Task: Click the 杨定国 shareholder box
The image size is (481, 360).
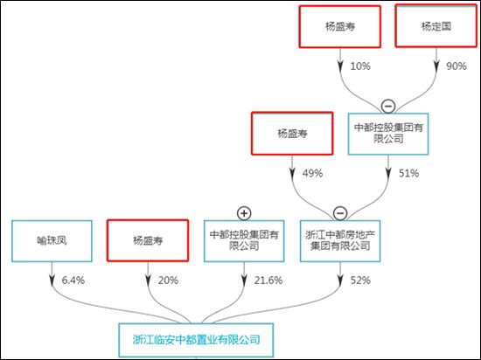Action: pos(436,26)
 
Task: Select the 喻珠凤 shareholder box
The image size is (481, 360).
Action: pos(52,241)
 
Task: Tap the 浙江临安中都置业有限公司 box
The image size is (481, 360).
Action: pos(196,340)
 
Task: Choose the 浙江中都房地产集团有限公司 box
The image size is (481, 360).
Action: pos(340,241)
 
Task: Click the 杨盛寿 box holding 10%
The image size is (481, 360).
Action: pos(340,27)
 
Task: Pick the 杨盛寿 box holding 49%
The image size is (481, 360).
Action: pos(292,134)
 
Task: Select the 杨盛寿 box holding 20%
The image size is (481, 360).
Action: pos(148,240)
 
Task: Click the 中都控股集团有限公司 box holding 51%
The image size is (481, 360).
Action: pos(388,134)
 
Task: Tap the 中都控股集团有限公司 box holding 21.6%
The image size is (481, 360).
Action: pos(244,241)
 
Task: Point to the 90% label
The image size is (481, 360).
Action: pos(457,66)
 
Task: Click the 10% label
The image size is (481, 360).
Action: pos(360,66)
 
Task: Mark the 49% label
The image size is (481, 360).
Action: pos(312,173)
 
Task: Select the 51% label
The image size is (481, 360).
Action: pos(408,173)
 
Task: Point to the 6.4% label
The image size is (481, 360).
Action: pos(73,280)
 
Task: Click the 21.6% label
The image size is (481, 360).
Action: pos(268,280)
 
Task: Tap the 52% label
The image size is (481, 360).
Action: pos(360,280)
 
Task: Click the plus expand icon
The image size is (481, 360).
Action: pos(244,213)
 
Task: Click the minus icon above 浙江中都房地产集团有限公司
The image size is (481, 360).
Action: pos(340,213)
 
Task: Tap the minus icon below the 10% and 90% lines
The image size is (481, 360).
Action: pos(388,107)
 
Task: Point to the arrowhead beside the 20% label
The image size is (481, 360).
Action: pos(148,280)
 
